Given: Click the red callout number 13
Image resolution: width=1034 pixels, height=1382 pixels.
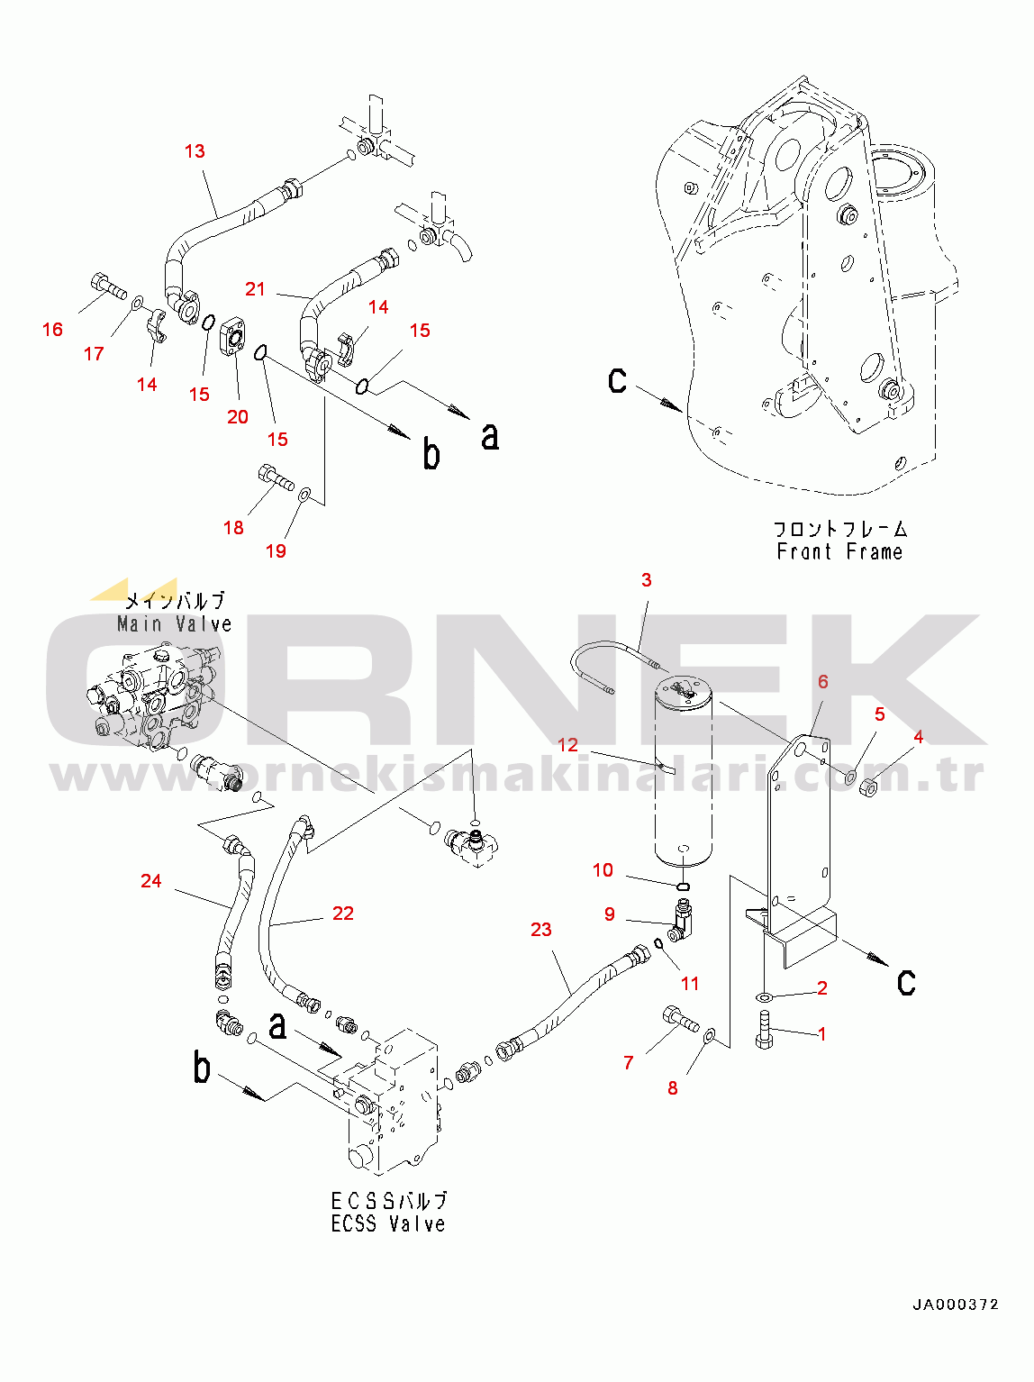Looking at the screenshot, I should (x=195, y=151).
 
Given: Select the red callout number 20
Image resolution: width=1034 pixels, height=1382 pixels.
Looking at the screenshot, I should (x=237, y=416).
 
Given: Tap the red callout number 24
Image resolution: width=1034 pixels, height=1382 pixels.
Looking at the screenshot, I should (x=151, y=880).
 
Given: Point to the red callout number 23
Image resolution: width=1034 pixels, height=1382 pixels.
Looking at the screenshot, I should (x=540, y=929).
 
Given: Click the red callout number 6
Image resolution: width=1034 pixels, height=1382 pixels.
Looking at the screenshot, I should (x=822, y=681).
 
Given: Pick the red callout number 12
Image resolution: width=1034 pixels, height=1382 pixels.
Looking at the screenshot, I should (x=567, y=745).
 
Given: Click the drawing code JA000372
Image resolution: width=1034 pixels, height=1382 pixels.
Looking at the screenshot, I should (x=954, y=1304).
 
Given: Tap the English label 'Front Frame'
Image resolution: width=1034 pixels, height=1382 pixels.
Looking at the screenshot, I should (x=839, y=551).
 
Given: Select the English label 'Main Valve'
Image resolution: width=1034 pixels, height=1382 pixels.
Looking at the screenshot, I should (x=174, y=623).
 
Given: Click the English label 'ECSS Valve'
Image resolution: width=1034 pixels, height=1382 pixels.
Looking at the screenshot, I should (x=388, y=1223).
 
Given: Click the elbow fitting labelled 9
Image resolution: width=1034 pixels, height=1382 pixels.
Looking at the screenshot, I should (x=682, y=922).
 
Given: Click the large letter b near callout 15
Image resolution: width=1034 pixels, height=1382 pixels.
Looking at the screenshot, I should (x=431, y=454).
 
